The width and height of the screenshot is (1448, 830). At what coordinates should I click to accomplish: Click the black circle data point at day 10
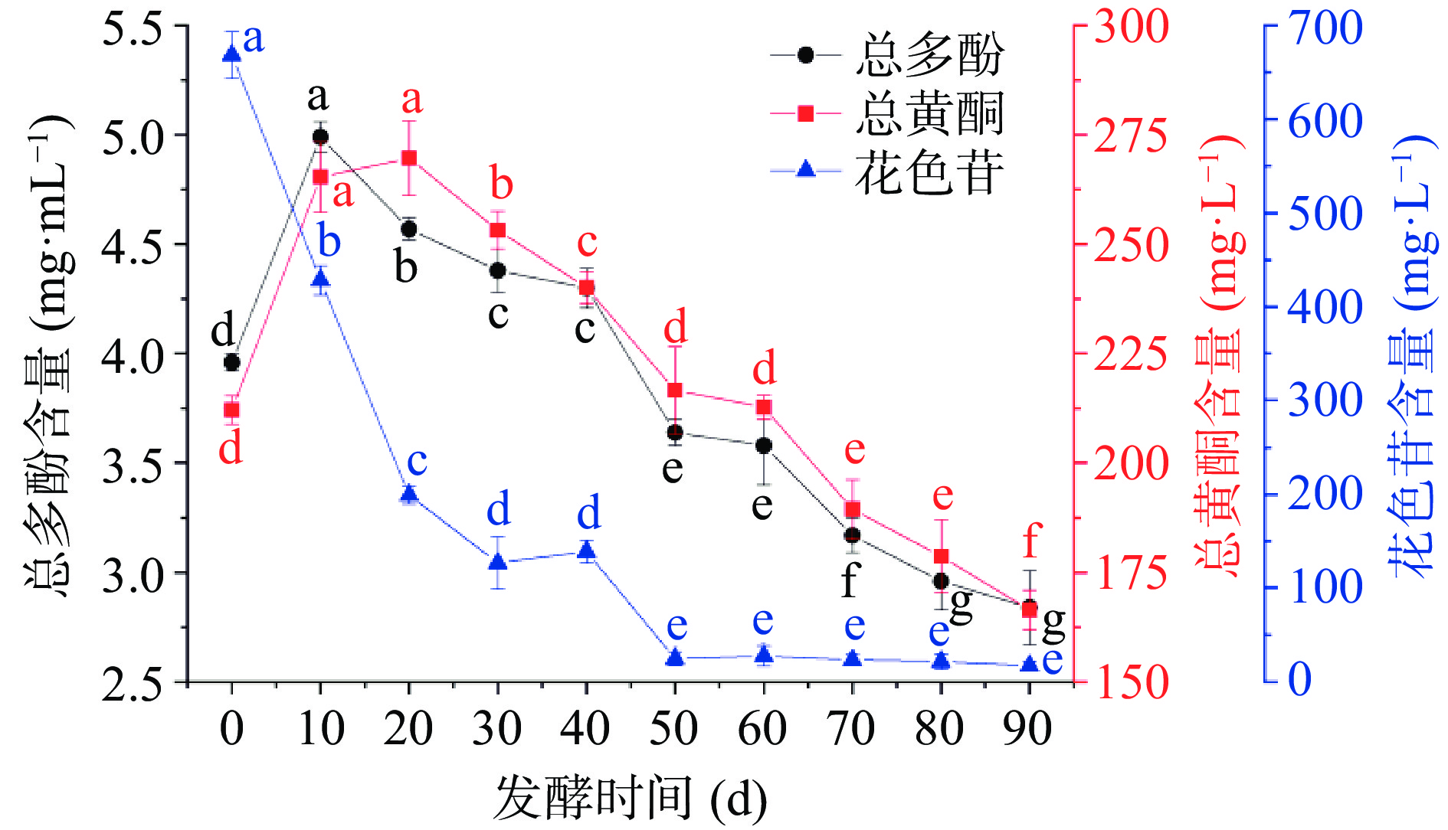click(x=320, y=137)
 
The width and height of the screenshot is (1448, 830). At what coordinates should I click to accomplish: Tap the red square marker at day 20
click(x=409, y=158)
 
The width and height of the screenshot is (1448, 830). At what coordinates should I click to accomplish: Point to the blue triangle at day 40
click(x=587, y=551)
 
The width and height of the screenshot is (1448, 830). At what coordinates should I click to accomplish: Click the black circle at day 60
click(x=764, y=446)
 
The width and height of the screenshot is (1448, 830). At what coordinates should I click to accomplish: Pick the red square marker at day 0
click(x=231, y=410)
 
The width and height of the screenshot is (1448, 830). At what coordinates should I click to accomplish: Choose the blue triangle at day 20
click(x=409, y=494)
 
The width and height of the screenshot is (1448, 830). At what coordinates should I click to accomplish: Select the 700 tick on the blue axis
click(x=1325, y=28)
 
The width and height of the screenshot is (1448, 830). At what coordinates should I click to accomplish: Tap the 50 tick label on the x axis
click(x=674, y=728)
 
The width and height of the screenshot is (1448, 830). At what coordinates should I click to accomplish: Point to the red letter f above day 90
click(x=1031, y=541)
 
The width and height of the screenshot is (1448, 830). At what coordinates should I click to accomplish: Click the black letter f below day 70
click(x=850, y=581)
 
